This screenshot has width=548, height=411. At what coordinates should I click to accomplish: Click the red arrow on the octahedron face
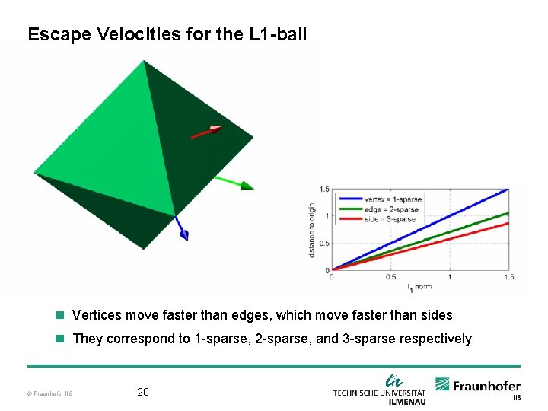coord(205,132)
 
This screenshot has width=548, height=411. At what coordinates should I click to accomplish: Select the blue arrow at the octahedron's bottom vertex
coord(180,228)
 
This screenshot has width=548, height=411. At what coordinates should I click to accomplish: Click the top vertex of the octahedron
coord(144,61)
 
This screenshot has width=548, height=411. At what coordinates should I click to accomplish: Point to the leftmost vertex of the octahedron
coord(35,173)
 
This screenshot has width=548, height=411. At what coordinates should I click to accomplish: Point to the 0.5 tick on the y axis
coord(324,243)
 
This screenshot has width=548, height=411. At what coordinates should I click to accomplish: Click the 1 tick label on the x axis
coord(449,277)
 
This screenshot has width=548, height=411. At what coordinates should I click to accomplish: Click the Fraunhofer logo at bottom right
coord(478,387)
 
